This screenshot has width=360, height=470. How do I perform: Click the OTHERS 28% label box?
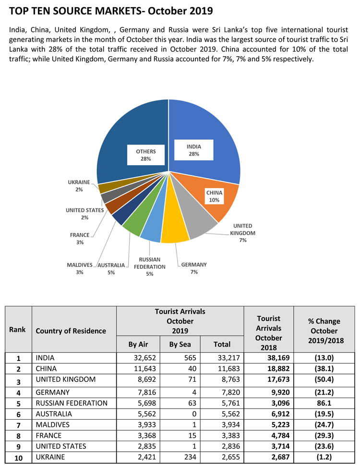pyautogui.click(x=146, y=155)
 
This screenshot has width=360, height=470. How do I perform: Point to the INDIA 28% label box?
pyautogui.click(x=194, y=150)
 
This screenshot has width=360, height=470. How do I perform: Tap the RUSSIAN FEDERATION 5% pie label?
pyautogui.click(x=150, y=266)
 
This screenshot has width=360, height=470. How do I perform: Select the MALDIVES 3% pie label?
pyautogui.click(x=79, y=268)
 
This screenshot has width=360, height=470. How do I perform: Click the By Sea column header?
pyautogui.click(x=180, y=344)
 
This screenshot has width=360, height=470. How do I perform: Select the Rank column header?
pyautogui.click(x=18, y=330)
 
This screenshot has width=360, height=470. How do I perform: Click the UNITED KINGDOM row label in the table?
pyautogui.click(x=66, y=379)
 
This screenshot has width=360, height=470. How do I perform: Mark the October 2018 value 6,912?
pyautogui.click(x=268, y=413)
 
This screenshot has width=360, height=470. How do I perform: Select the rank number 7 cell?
pyautogui.click(x=18, y=425)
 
